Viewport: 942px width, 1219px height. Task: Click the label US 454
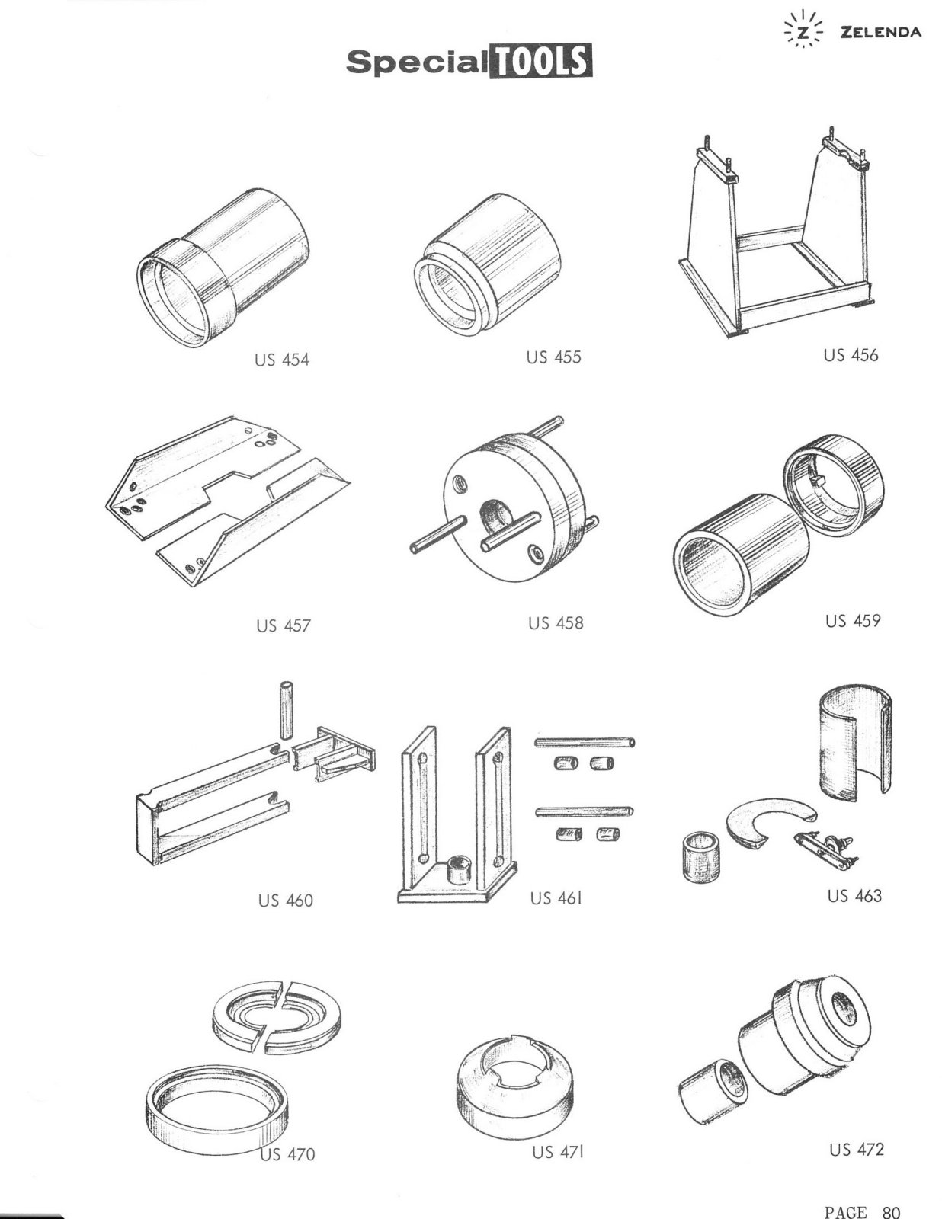click(282, 360)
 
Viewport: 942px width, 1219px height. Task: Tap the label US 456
click(851, 355)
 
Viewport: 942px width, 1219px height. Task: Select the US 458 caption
click(556, 623)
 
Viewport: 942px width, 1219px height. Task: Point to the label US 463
click(854, 897)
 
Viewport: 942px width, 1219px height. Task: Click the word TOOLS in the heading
click(541, 62)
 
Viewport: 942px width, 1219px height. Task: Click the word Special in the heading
click(417, 62)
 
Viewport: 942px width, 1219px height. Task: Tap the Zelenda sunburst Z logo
click(804, 34)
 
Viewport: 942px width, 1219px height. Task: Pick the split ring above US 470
click(277, 1018)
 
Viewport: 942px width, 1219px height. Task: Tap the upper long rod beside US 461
click(585, 743)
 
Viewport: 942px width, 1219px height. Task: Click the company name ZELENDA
click(880, 32)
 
